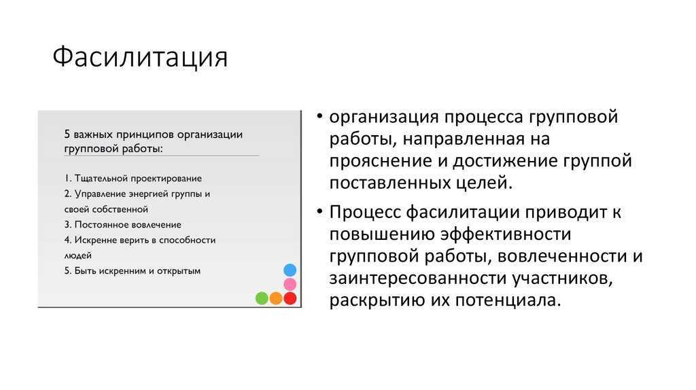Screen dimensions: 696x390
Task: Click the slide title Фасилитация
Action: click(140, 58)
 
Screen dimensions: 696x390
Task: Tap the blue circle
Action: click(290, 270)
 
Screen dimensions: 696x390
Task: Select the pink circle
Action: click(290, 284)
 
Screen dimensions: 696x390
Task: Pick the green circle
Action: click(262, 298)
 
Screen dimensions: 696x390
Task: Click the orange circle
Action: click(276, 298)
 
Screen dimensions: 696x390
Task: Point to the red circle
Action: click(290, 298)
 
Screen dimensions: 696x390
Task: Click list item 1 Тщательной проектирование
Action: click(133, 179)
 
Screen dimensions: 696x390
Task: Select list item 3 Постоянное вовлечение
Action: click(123, 224)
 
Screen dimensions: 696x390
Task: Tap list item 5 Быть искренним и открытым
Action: click(133, 270)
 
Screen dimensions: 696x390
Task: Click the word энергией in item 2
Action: click(147, 194)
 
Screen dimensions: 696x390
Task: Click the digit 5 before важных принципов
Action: click(67, 134)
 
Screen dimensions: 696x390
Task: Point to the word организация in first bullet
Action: click(384, 117)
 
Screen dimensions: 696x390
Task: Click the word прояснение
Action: click(381, 161)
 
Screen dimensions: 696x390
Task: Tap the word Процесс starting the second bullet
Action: click(365, 212)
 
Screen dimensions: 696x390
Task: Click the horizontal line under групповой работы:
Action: click(162, 156)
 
